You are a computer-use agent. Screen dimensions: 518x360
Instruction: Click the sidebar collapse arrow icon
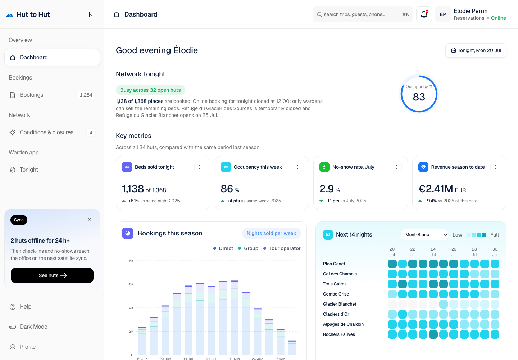pyautogui.click(x=92, y=14)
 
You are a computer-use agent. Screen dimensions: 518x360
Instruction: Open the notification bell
pyautogui.click(x=424, y=14)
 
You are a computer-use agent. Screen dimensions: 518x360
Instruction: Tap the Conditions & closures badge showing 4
pyautogui.click(x=91, y=132)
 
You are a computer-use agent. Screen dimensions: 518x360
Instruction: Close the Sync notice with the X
pyautogui.click(x=90, y=219)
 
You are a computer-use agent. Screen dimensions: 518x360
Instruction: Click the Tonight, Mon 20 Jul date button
pyautogui.click(x=476, y=50)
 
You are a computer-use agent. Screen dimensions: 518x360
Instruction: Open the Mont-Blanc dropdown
pyautogui.click(x=424, y=235)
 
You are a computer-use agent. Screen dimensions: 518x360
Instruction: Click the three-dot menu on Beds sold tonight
pyautogui.click(x=199, y=167)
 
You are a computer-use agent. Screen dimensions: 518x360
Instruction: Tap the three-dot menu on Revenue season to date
pyautogui.click(x=495, y=167)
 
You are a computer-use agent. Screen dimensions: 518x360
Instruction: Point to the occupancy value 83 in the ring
pyautogui.click(x=419, y=97)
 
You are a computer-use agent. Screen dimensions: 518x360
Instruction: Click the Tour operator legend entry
pyautogui.click(x=282, y=248)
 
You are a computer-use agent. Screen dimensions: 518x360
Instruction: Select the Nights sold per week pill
pyautogui.click(x=271, y=233)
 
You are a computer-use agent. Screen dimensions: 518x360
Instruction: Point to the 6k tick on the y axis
pyautogui.click(x=131, y=284)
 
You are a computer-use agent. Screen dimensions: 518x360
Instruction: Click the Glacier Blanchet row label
pyautogui.click(x=340, y=304)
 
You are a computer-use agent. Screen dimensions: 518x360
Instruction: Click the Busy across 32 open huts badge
pyautogui.click(x=150, y=90)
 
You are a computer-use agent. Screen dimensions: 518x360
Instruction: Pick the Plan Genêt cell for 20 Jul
pyautogui.click(x=392, y=264)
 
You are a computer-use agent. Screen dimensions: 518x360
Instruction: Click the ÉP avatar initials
pyautogui.click(x=443, y=14)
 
